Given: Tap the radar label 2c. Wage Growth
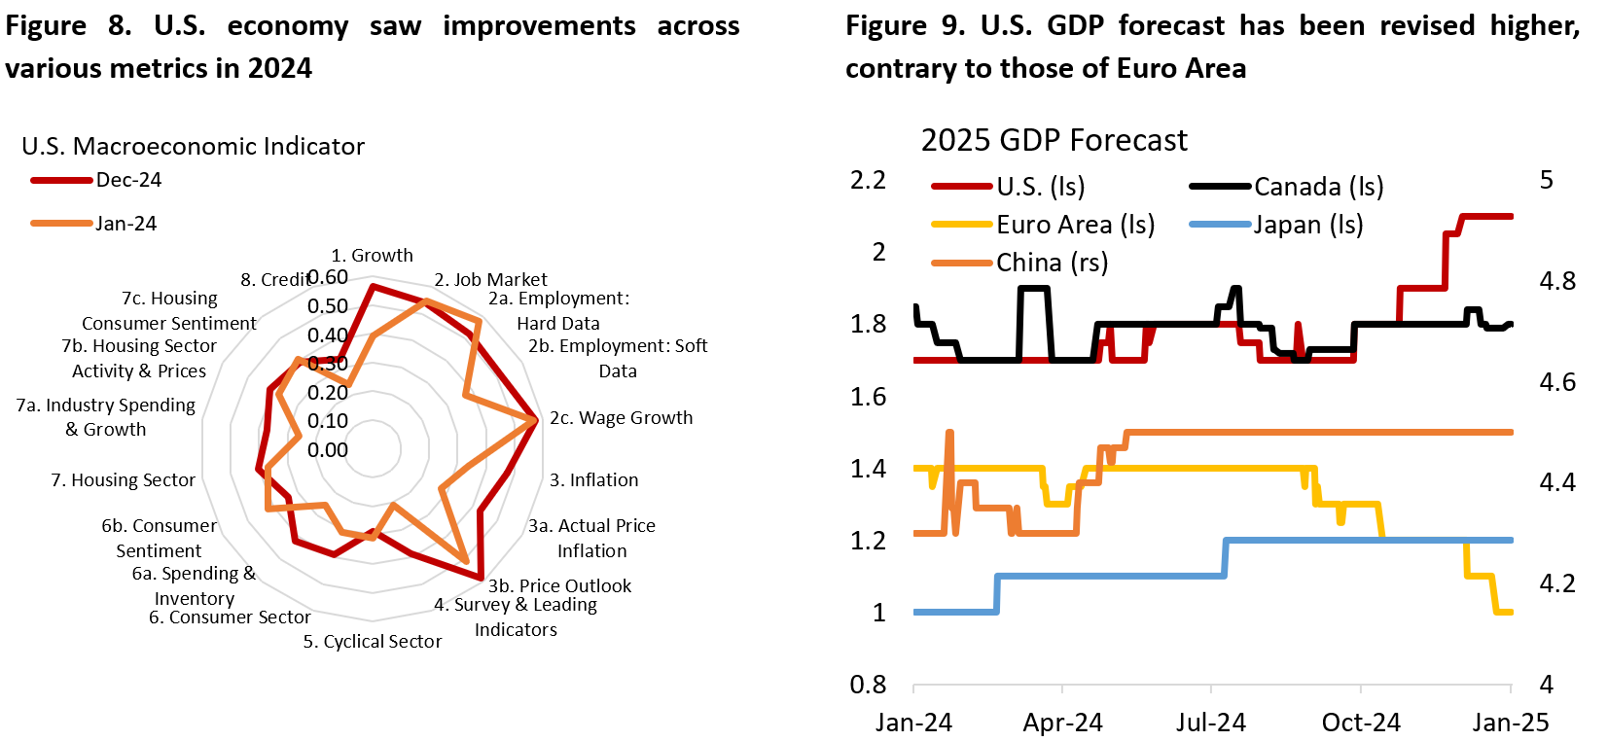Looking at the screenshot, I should click(x=621, y=418).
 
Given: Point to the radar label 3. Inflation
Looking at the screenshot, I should click(x=593, y=480).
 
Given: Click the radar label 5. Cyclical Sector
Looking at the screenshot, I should click(x=373, y=642).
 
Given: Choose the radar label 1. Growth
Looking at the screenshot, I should click(x=372, y=256).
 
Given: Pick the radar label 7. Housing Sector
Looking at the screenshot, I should click(x=123, y=480).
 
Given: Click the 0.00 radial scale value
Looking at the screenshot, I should click(x=328, y=450).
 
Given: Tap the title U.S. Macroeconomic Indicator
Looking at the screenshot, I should click(x=193, y=146).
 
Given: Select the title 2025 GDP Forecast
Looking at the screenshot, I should click(x=1054, y=140).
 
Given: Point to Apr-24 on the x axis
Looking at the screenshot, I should click(x=1062, y=723).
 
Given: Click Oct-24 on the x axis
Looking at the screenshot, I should click(x=1361, y=723).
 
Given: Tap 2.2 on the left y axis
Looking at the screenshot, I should click(x=868, y=180).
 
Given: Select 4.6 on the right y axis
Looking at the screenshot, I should click(x=1557, y=382).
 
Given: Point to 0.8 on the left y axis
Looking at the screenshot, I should click(x=868, y=685).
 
